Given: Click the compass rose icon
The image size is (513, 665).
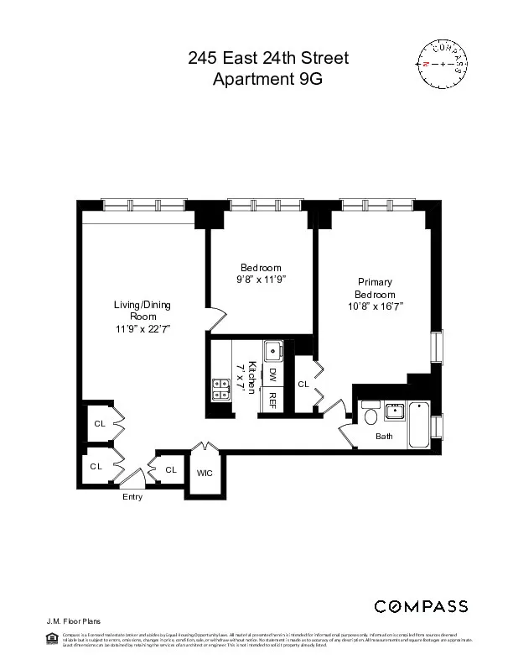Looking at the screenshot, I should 443,64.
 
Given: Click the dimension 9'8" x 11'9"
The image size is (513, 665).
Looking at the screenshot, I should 260,280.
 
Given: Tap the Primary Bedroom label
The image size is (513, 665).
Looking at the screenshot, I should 375,288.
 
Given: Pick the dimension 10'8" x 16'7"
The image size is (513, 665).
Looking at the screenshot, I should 375,307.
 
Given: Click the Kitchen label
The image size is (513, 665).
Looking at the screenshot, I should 250,379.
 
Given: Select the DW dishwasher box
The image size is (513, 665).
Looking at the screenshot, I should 272,374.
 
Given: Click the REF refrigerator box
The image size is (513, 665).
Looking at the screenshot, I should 272,401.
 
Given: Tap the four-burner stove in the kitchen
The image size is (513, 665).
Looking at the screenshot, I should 222,388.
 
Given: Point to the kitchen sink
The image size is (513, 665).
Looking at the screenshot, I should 272,351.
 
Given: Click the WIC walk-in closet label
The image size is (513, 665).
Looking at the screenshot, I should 204,473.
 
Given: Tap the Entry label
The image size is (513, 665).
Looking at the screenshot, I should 132,497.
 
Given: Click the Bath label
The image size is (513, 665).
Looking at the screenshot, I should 384,437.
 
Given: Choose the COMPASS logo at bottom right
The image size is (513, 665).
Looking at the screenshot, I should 421,606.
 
